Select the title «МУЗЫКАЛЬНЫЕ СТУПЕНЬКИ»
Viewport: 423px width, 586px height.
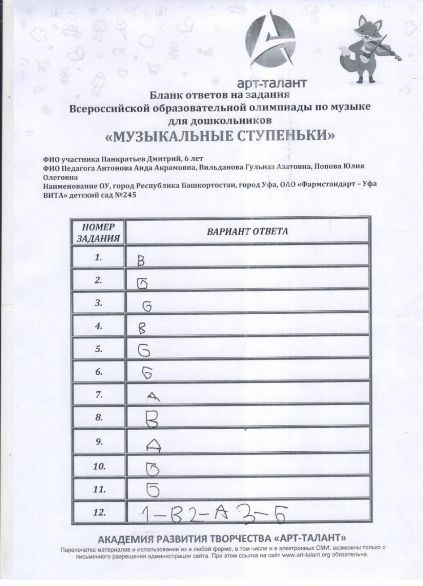point(219,135)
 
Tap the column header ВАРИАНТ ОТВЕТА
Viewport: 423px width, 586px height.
point(247,231)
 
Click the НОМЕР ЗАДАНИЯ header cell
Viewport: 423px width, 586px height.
point(99,232)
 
